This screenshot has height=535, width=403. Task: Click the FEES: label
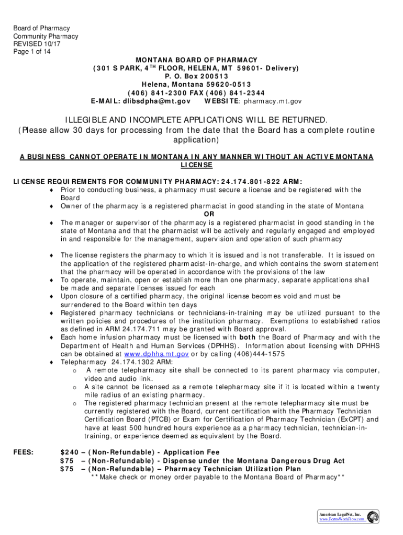point(24,452)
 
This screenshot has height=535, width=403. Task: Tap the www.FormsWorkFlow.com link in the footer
point(342,519)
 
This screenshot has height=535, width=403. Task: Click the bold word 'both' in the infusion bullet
point(248,338)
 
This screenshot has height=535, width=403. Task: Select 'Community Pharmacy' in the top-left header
point(46,37)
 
